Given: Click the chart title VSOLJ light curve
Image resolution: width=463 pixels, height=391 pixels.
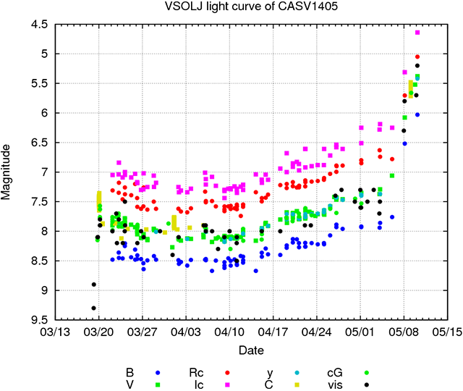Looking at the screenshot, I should click(x=231, y=8).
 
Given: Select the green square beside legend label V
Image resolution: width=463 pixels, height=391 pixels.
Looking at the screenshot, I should click(x=157, y=384).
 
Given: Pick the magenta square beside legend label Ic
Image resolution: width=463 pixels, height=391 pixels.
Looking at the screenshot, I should click(x=228, y=384).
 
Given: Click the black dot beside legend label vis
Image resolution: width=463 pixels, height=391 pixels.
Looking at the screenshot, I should click(x=367, y=384).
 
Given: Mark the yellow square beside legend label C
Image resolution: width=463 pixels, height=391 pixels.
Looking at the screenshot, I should click(x=297, y=384).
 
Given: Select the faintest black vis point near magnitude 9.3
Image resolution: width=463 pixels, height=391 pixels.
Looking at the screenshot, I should click(x=93, y=308).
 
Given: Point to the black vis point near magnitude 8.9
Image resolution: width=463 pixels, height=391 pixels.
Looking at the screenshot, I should click(x=93, y=284).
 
